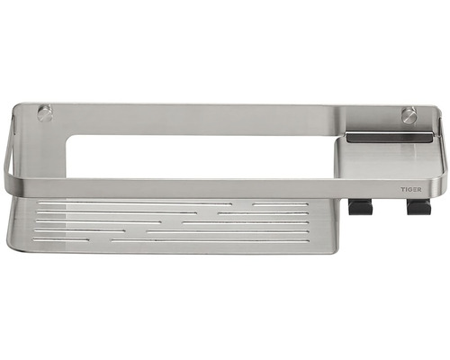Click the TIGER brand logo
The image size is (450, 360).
click(x=411, y=189)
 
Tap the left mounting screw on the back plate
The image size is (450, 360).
click(x=46, y=113)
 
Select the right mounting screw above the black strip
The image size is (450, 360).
click(x=408, y=115)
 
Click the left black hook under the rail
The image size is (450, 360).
click(x=356, y=207)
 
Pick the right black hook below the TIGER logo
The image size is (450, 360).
click(x=415, y=207)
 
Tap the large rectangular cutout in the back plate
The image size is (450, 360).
click(x=201, y=157)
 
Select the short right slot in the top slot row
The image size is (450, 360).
click(x=281, y=204)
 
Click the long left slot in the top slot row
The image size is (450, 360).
click(x=134, y=204)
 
